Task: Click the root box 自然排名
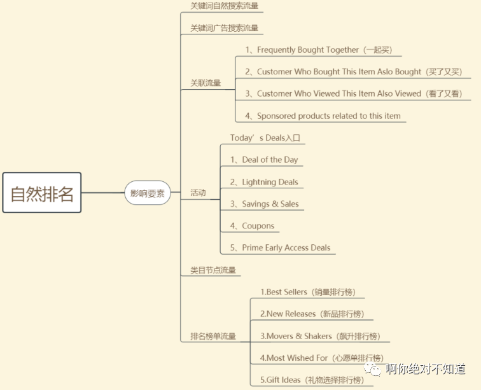(x=42, y=192)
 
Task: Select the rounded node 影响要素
(x=147, y=193)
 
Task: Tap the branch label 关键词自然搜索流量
(x=224, y=6)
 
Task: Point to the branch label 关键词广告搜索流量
(x=224, y=28)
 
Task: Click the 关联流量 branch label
(x=206, y=83)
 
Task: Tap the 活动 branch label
(x=198, y=193)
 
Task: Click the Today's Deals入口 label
(x=265, y=138)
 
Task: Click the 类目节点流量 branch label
(x=213, y=270)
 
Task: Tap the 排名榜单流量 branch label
(x=213, y=336)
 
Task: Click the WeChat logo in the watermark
(x=372, y=369)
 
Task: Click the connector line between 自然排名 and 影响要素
(x=103, y=193)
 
